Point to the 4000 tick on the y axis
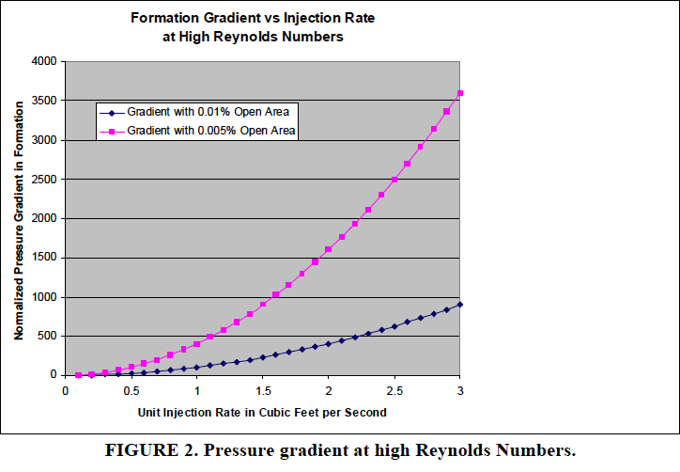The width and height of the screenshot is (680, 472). pyautogui.click(x=43, y=61)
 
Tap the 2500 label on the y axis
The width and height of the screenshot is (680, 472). pyautogui.click(x=43, y=179)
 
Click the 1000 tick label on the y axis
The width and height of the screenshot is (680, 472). pyautogui.click(x=43, y=297)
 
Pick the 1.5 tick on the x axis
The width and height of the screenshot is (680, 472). pyautogui.click(x=263, y=389)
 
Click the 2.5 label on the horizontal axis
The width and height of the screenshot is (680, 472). pyautogui.click(x=394, y=389)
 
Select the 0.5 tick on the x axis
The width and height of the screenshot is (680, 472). pyautogui.click(x=131, y=389)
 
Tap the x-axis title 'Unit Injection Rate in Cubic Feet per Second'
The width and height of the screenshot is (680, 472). pyautogui.click(x=263, y=412)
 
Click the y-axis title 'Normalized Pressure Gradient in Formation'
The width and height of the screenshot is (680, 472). pyautogui.click(x=18, y=218)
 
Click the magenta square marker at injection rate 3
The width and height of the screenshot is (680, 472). pyautogui.click(x=460, y=93)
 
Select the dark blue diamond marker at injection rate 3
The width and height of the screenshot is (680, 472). pyautogui.click(x=460, y=305)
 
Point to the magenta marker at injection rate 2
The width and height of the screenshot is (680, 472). pyautogui.click(x=329, y=249)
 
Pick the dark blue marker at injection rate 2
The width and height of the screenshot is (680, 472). pyautogui.click(x=329, y=344)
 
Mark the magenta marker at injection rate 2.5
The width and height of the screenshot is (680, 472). pyautogui.click(x=394, y=179)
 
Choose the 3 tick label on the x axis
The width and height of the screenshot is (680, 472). pyautogui.click(x=460, y=389)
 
